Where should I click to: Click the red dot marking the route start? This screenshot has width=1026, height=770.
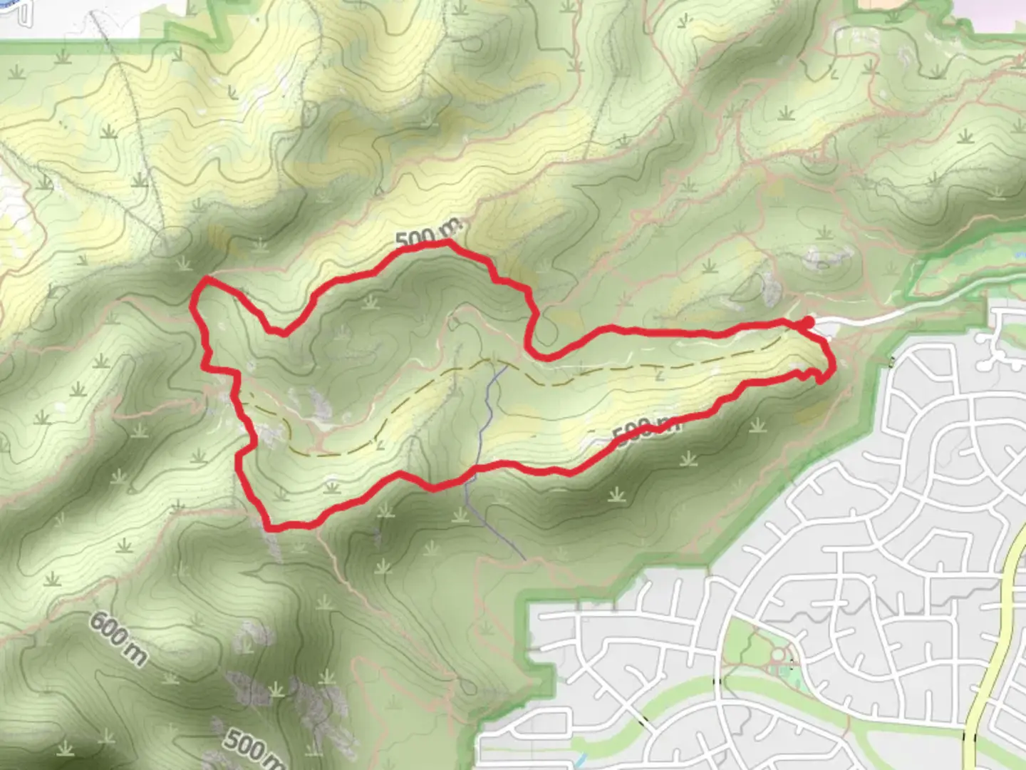point(807,324)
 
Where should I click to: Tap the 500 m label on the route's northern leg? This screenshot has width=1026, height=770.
point(428,234)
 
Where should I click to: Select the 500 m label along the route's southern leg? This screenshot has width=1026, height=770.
point(646,430)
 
